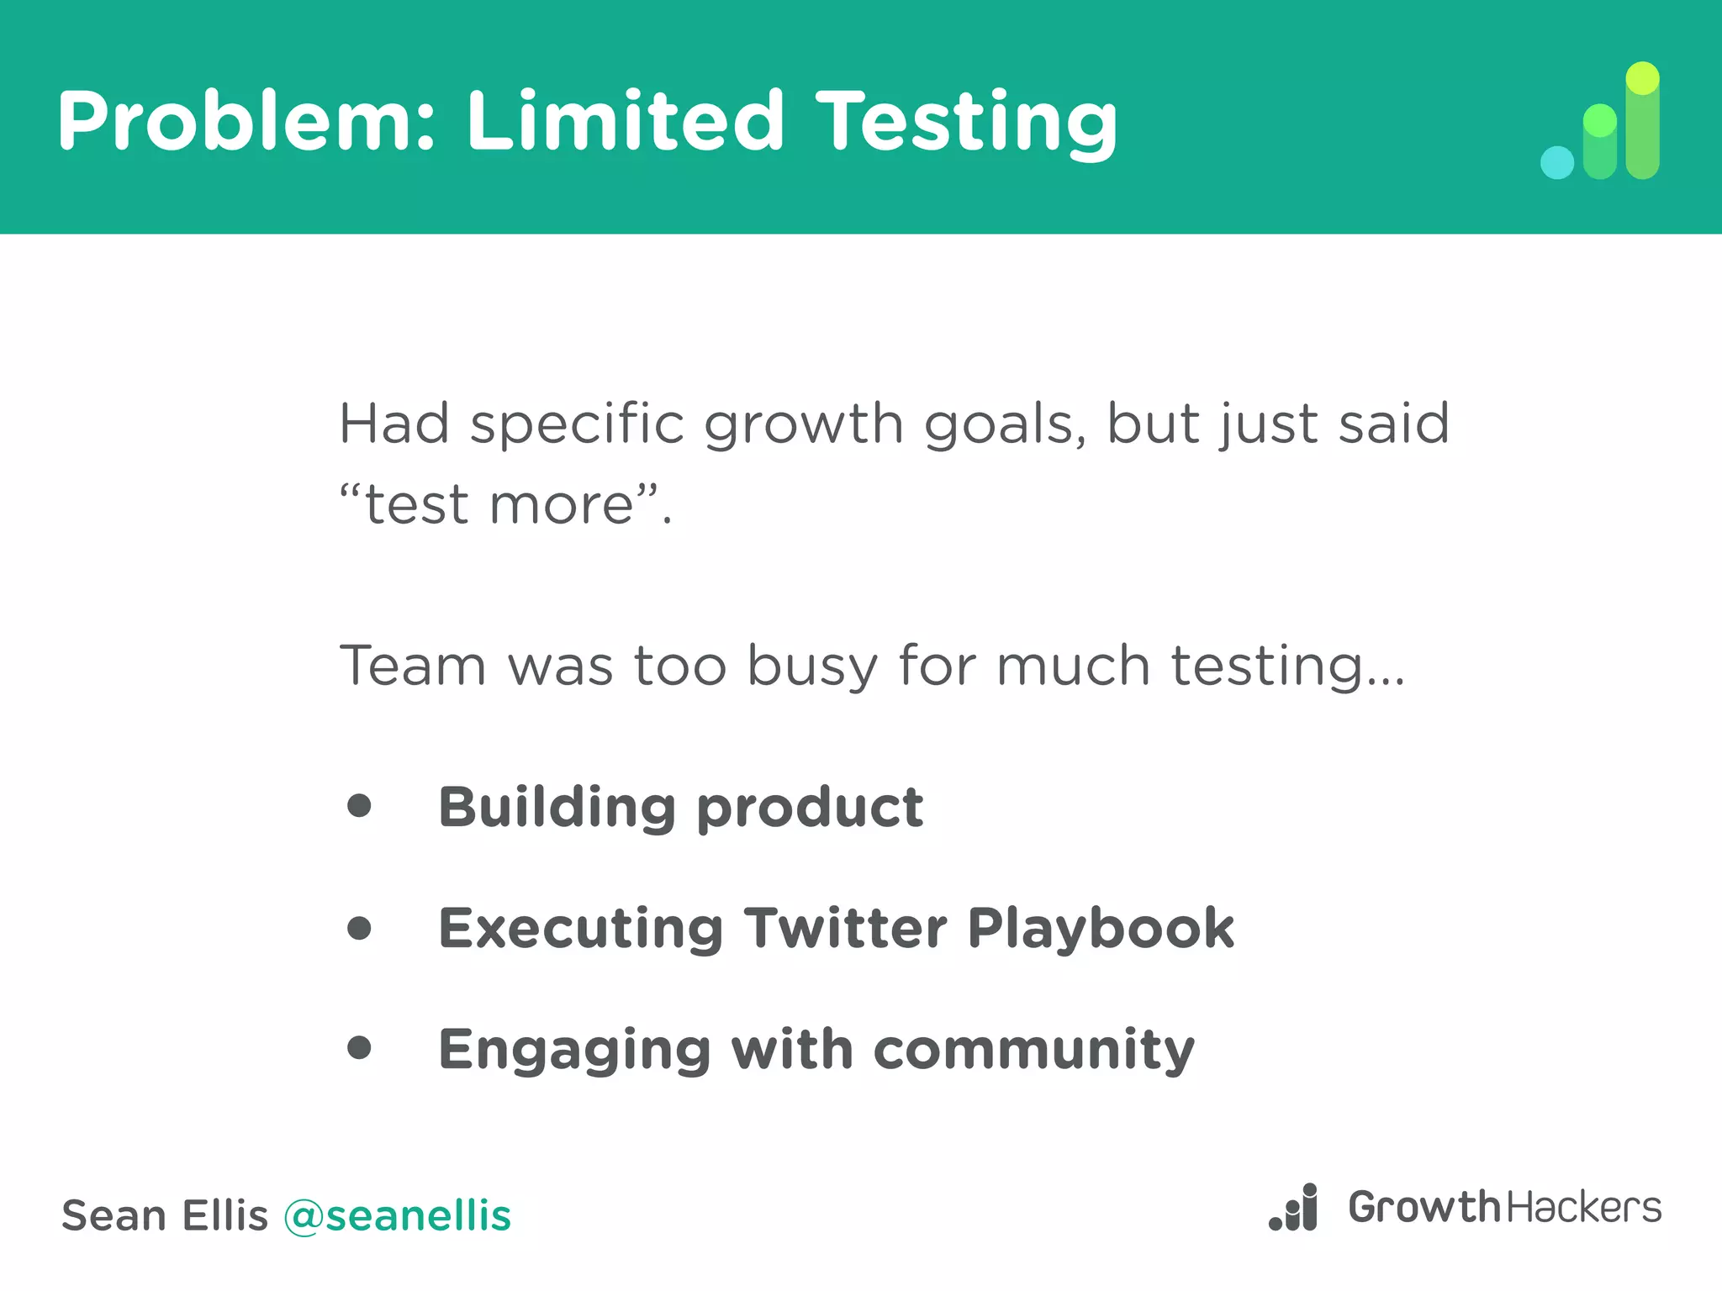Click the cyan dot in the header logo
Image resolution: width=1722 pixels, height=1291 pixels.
pos(1556,162)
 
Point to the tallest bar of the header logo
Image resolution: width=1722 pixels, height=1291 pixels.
pos(1642,122)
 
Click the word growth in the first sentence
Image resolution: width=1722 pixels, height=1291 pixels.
pos(803,424)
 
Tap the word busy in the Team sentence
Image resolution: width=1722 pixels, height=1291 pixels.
pos(812,667)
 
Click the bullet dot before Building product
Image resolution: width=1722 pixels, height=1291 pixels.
pos(359,806)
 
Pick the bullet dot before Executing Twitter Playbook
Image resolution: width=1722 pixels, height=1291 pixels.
pos(359,928)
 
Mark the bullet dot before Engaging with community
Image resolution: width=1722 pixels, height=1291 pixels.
pos(359,1048)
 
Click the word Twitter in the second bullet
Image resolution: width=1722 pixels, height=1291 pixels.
pos(845,928)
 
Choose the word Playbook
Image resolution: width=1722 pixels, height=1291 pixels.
pos(1100,928)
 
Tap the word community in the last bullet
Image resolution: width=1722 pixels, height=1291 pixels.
pos(1033,1050)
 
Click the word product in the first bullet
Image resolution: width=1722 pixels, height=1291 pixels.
pos(810,808)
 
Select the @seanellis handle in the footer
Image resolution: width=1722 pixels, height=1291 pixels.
pos(397,1215)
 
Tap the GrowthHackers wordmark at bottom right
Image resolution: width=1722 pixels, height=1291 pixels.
pos(1504,1208)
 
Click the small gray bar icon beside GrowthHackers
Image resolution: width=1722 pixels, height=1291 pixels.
pos(1294,1208)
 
